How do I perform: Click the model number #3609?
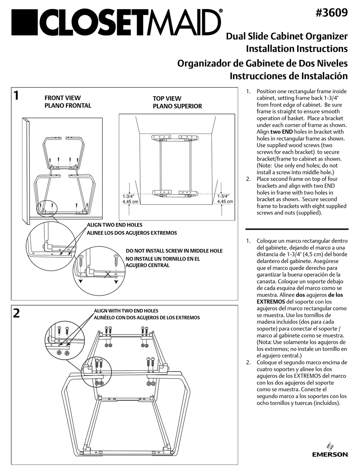[x=331, y=13]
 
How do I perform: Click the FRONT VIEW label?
[x=63, y=98]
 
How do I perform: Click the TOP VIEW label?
[x=167, y=99]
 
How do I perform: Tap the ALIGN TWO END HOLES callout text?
[x=115, y=225]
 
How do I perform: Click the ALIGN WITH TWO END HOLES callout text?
[x=126, y=311]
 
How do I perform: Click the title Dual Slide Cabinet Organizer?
[x=286, y=37]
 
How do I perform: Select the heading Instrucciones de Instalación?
[x=288, y=75]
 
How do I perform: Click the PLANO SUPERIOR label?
[x=177, y=106]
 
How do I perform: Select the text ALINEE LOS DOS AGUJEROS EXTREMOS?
[x=132, y=233]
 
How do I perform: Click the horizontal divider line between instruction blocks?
[x=297, y=229]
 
